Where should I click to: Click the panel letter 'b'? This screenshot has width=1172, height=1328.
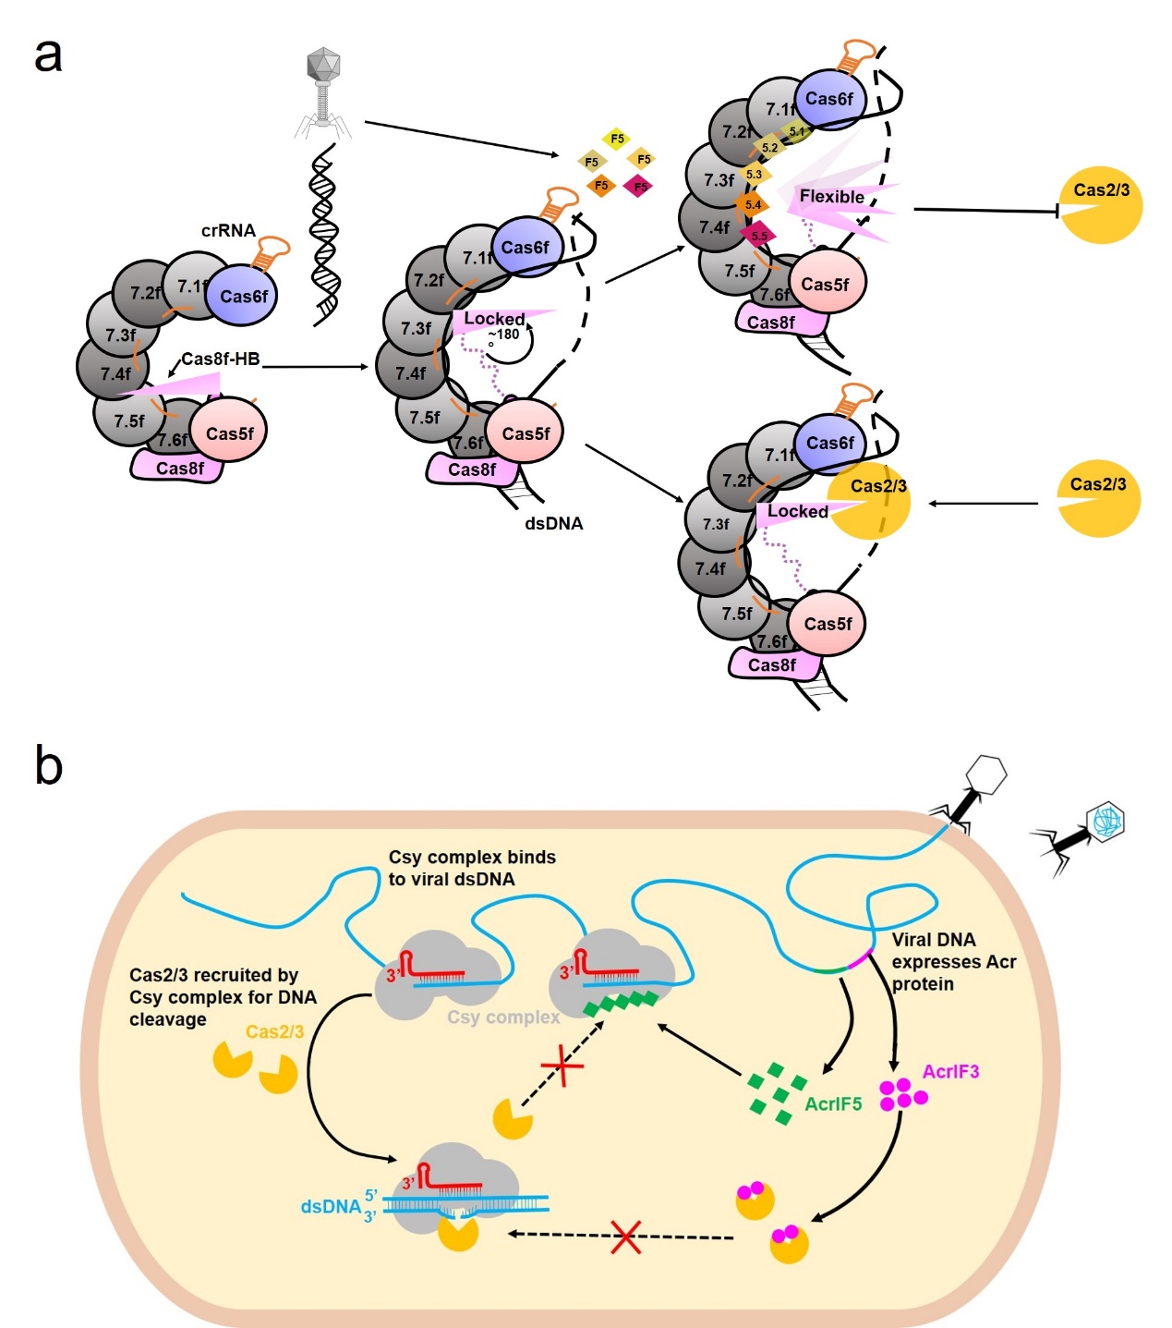click(48, 765)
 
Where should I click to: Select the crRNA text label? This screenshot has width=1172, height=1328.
click(228, 231)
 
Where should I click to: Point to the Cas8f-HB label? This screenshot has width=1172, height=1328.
click(220, 359)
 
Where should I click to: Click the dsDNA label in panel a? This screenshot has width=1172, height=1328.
click(553, 523)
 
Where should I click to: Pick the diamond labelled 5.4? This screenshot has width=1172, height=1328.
click(753, 205)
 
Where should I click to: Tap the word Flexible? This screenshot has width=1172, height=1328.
click(831, 197)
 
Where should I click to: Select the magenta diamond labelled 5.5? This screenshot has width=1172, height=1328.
click(759, 236)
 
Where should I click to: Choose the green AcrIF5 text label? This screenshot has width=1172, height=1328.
click(833, 1103)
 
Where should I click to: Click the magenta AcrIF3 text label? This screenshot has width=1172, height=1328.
click(950, 1072)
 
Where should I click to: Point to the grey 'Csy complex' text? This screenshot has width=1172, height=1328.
click(503, 1017)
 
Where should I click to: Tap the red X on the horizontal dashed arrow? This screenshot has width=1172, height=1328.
click(626, 1237)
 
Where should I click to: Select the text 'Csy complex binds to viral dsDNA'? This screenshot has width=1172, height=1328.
click(471, 868)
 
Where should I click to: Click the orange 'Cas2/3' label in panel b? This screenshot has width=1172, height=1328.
click(274, 1032)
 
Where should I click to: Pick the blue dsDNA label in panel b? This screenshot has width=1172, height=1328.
click(330, 1206)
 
